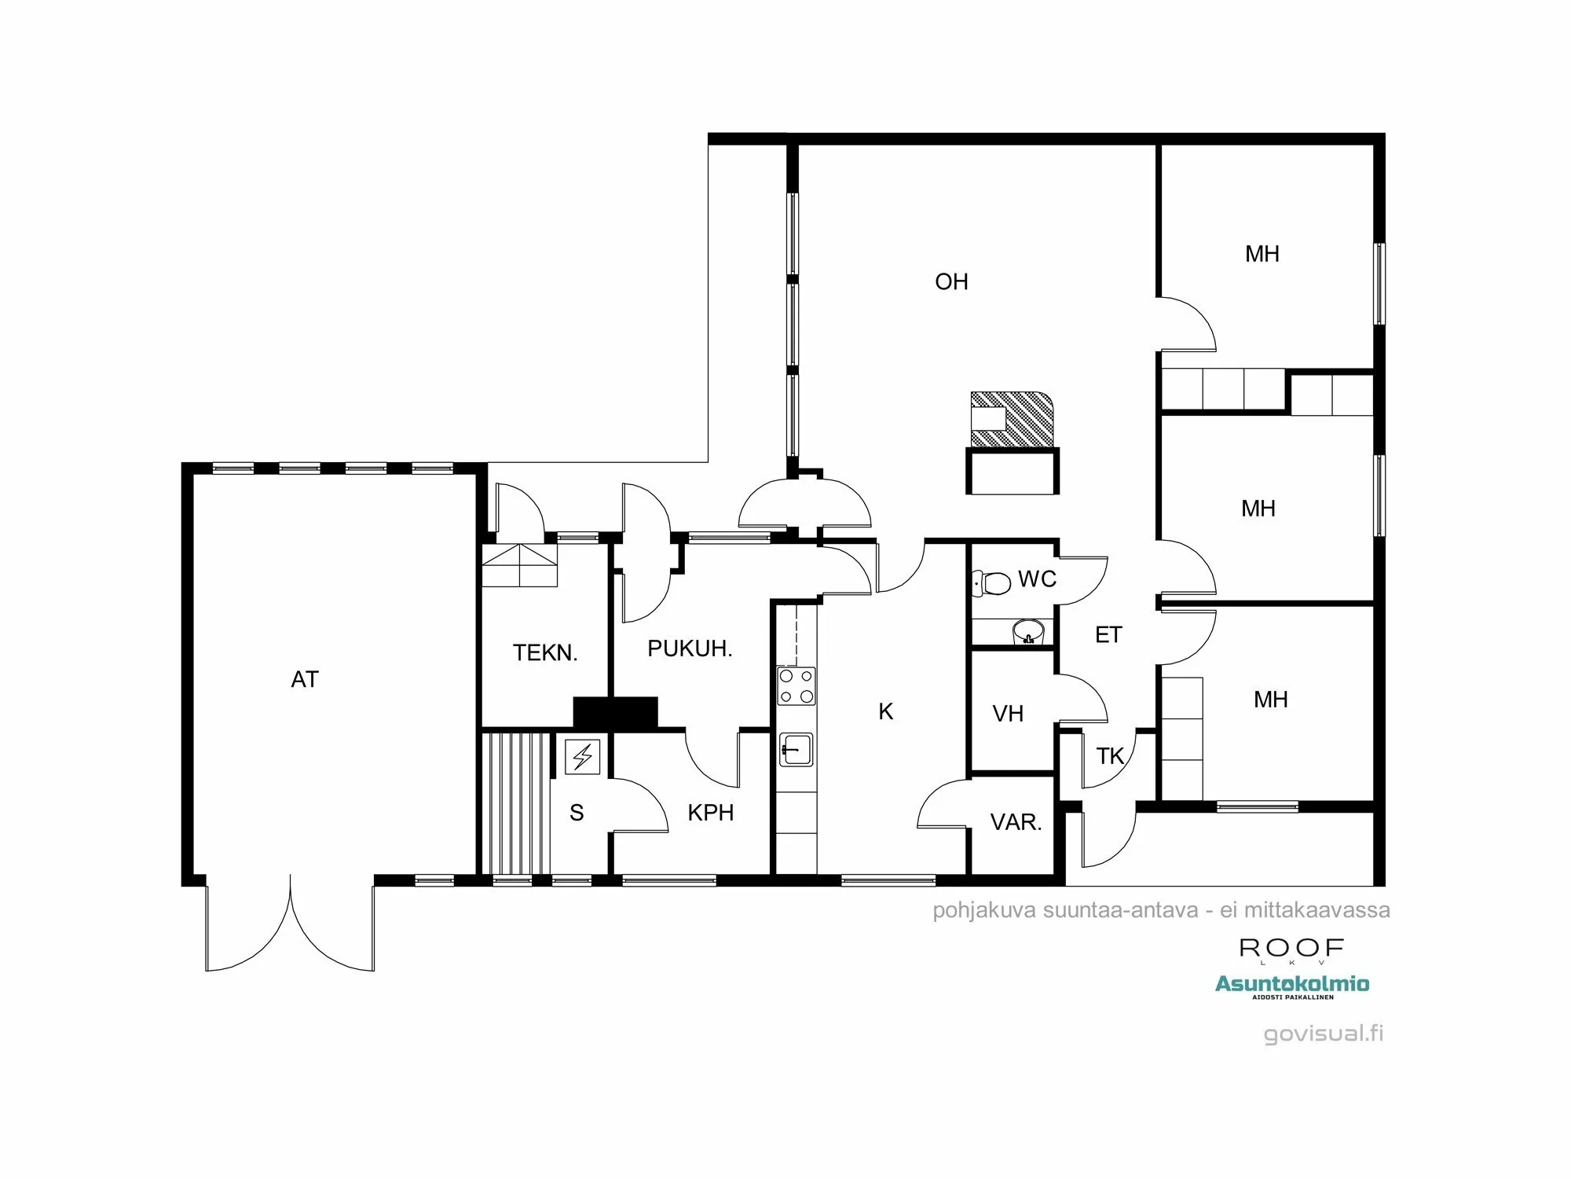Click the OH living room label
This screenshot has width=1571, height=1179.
coord(951,281)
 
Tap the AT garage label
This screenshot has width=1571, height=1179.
coord(305,679)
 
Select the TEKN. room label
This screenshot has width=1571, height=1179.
coord(545,652)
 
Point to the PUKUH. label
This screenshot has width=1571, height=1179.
coord(690,648)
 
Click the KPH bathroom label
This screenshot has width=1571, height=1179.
coord(710,813)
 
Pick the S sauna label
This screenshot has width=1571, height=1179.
coord(577,813)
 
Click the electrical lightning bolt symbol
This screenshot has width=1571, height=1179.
coord(583,758)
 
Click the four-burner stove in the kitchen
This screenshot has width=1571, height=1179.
coord(796,686)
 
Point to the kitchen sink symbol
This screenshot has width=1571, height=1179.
coord(796,749)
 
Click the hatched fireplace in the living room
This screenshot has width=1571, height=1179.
coord(1013,419)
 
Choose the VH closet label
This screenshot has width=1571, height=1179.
coord(1008,714)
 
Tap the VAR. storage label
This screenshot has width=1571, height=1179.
coord(1016,823)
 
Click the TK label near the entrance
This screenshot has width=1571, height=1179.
coord(1110,756)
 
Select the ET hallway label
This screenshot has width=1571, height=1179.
coord(1108,635)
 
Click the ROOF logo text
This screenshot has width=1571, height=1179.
coord(1292,948)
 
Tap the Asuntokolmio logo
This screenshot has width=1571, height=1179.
coord(1292,984)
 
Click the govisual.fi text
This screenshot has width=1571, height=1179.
coord(1324,1033)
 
